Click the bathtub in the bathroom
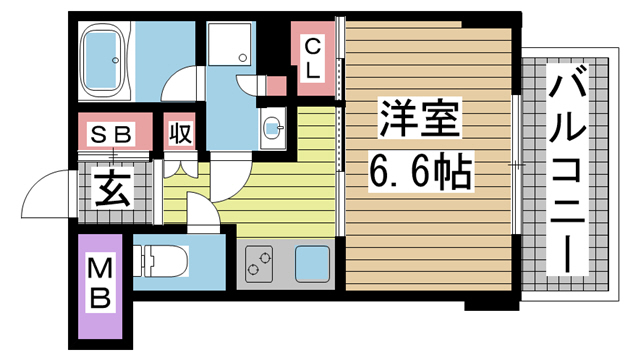104,60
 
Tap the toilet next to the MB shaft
160,261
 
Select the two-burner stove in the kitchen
259,264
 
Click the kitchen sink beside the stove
312,264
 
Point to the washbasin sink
273,127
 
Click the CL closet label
313,58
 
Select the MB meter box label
100,285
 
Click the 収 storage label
180,133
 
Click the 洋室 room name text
419,118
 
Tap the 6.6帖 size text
420,172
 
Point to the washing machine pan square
229,44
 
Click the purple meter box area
100,286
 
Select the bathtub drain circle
116,60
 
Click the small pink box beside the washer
276,86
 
